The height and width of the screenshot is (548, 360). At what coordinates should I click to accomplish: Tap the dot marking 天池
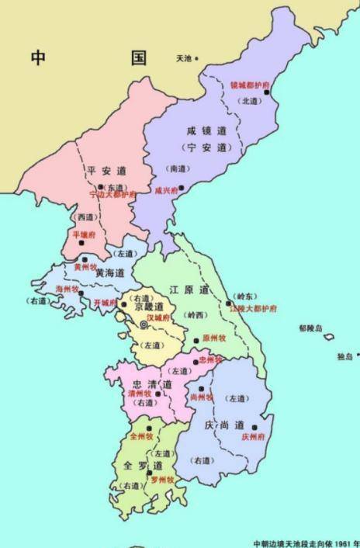pyautogui.click(x=197, y=58)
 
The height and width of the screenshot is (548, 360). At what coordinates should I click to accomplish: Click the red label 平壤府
pyautogui.click(x=83, y=234)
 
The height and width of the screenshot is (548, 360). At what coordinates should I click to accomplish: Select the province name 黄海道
pyautogui.click(x=111, y=273)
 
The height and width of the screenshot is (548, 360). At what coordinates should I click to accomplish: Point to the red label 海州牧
pyautogui.click(x=67, y=289)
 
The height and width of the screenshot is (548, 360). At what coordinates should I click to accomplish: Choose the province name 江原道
pyautogui.click(x=189, y=290)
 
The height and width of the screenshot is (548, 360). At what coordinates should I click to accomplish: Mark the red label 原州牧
pyautogui.click(x=213, y=338)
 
